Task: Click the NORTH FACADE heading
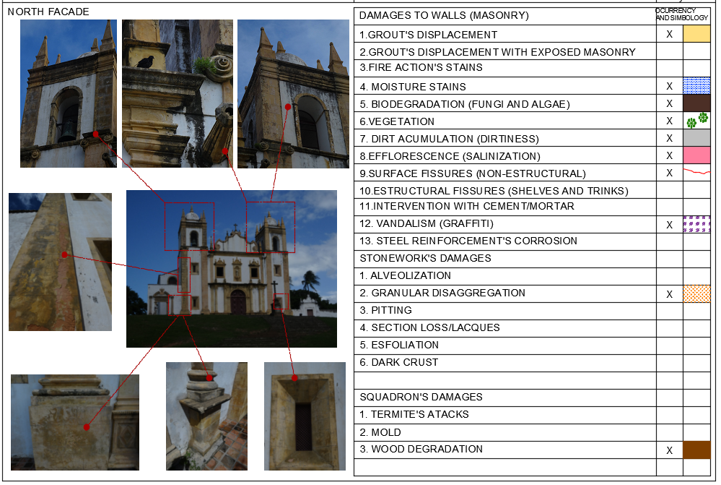click(48, 12)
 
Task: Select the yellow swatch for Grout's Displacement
click(696, 34)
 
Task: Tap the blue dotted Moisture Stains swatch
click(696, 86)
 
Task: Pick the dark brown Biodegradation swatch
click(696, 103)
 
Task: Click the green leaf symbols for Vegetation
click(697, 120)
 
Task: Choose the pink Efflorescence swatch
click(696, 155)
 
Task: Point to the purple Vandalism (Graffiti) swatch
click(696, 224)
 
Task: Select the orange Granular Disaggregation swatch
click(696, 293)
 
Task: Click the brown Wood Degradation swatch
click(696, 450)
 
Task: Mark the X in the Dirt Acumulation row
click(669, 139)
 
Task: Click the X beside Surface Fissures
click(669, 173)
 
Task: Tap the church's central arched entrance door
click(238, 301)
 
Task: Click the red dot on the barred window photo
click(294, 377)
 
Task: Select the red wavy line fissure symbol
click(696, 173)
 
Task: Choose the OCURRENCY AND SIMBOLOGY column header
click(682, 14)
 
